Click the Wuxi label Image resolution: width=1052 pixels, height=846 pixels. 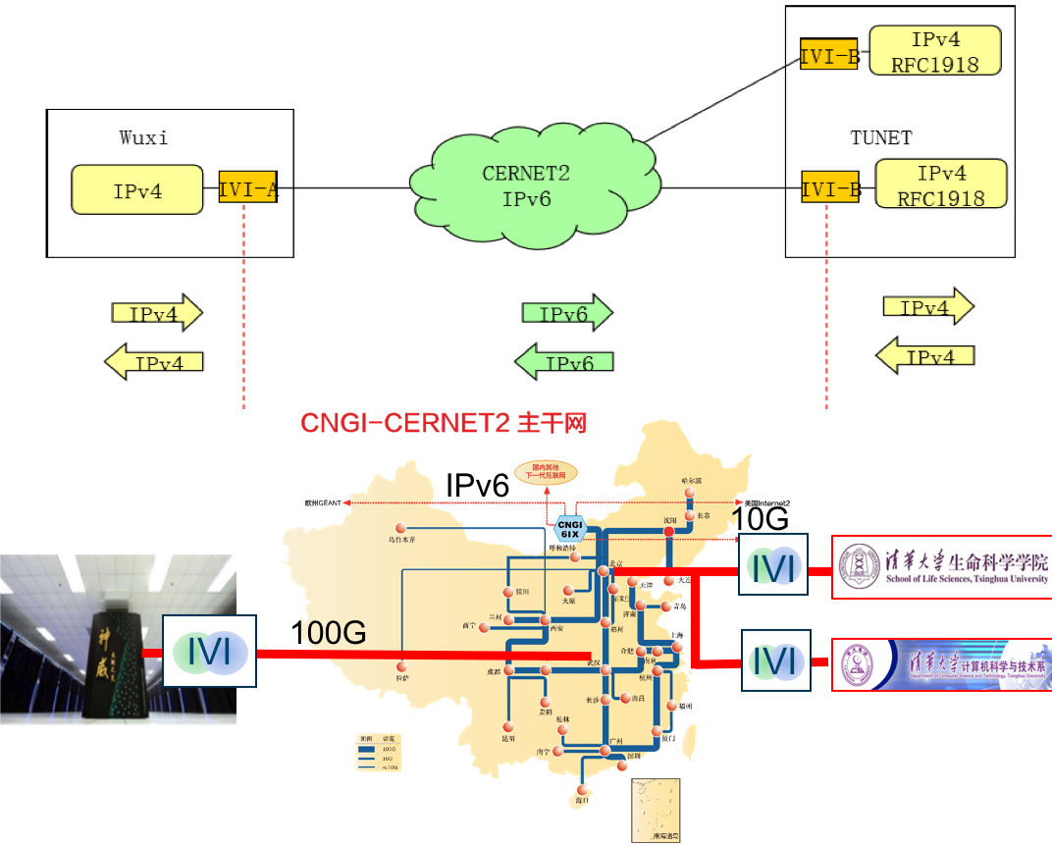click(143, 137)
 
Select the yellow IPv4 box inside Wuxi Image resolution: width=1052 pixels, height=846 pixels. click(137, 189)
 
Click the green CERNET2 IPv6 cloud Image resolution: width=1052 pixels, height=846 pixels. click(526, 185)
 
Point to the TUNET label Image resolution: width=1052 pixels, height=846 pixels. click(880, 137)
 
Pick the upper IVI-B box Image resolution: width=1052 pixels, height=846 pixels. click(829, 56)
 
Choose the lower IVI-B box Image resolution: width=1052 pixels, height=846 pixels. click(830, 187)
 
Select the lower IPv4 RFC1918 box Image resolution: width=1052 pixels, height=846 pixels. click(940, 185)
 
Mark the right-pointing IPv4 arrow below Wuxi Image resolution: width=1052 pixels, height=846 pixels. click(156, 313)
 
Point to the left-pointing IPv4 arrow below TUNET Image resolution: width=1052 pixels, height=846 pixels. click(924, 355)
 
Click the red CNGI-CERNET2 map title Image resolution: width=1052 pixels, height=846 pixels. click(444, 424)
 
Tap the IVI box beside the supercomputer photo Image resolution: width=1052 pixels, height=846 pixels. click(208, 651)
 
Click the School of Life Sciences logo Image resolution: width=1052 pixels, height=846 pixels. click(941, 567)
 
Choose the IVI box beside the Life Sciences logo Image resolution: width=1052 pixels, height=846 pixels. click(773, 565)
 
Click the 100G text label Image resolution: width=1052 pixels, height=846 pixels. click(331, 633)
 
